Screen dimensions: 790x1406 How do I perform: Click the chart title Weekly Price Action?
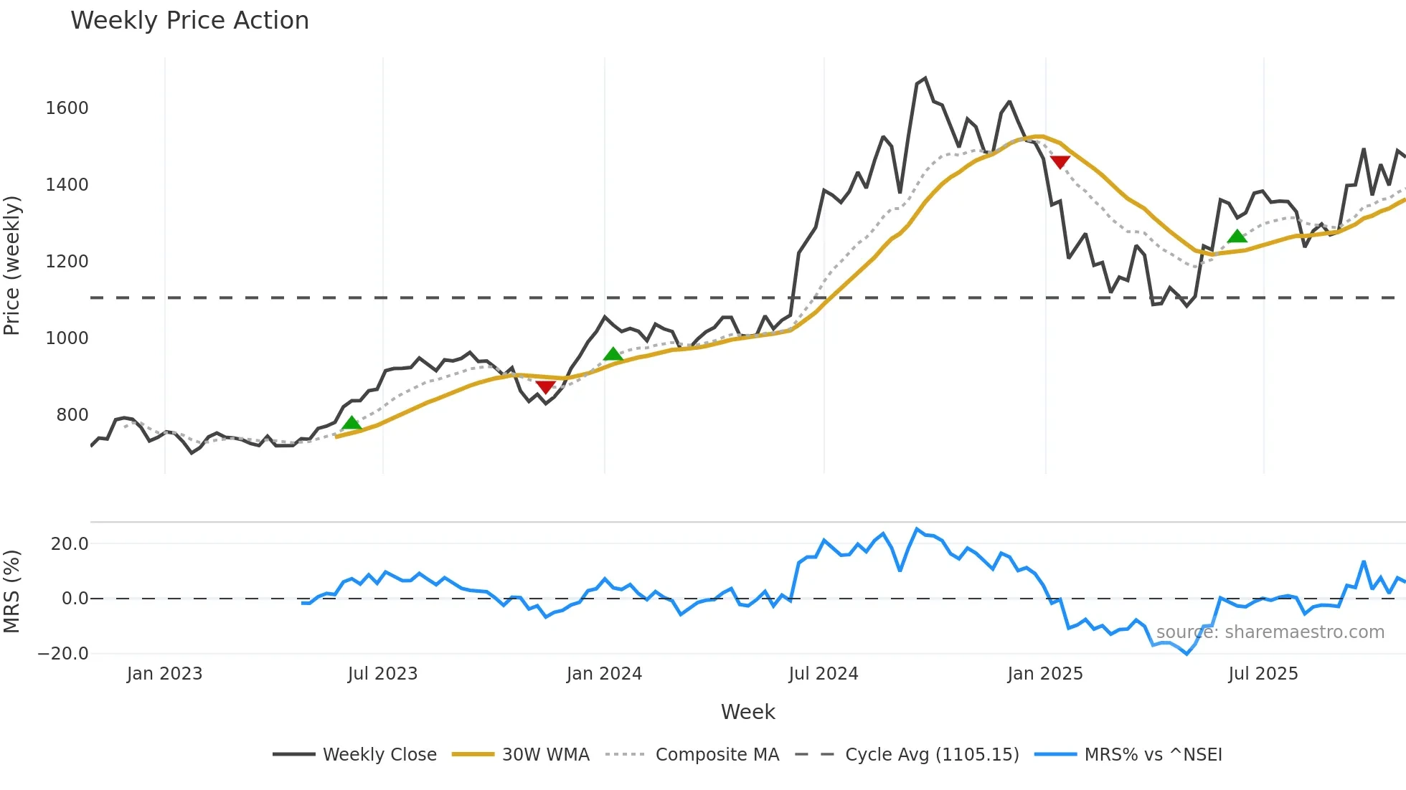tap(189, 21)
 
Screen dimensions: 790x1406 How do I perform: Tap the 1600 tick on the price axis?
tap(67, 108)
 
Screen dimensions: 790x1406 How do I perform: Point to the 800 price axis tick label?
tap(72, 415)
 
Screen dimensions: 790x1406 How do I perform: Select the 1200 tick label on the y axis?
tap(67, 262)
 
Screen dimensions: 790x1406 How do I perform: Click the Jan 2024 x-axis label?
tap(604, 674)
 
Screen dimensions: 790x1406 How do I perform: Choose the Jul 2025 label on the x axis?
tap(1263, 674)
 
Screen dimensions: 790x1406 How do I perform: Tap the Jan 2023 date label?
tap(164, 674)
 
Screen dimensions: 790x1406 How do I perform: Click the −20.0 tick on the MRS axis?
tap(63, 654)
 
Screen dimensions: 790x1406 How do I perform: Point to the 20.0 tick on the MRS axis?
tap(70, 544)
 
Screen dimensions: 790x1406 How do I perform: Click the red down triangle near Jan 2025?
tap(1060, 162)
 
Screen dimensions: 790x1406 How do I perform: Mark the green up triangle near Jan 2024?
tap(613, 354)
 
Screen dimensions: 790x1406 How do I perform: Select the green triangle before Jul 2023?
tap(351, 423)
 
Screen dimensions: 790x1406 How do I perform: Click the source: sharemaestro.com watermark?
tap(1270, 632)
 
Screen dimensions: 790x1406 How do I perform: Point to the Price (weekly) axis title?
tap(12, 265)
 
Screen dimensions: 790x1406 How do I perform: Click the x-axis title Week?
tap(747, 712)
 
